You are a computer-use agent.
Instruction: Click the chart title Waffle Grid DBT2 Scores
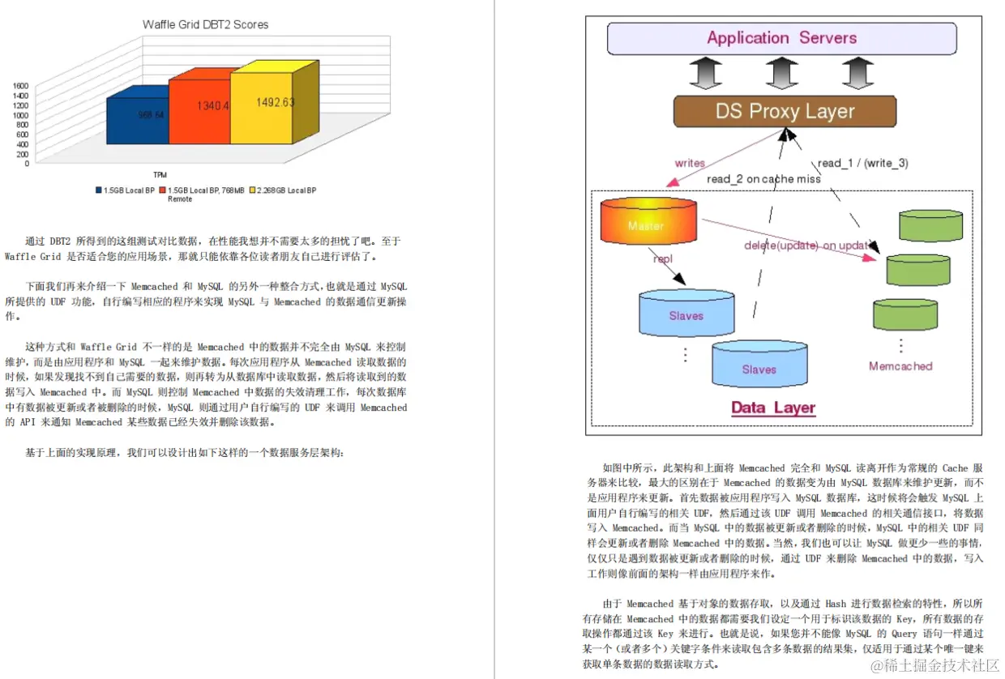pyautogui.click(x=205, y=24)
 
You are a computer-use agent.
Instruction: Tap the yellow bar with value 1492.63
pyautogui.click(x=262, y=105)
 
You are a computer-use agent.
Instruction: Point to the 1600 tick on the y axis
pyautogui.click(x=20, y=85)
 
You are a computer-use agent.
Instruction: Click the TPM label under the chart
pyautogui.click(x=160, y=175)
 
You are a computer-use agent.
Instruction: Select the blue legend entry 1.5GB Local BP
pyautogui.click(x=128, y=190)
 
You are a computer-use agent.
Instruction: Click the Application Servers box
pyautogui.click(x=782, y=38)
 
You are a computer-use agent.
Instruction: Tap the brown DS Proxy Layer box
pyautogui.click(x=785, y=112)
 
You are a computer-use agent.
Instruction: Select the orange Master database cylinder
pyautogui.click(x=648, y=220)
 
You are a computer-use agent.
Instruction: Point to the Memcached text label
pyautogui.click(x=900, y=366)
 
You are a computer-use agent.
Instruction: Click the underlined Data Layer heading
pyautogui.click(x=773, y=408)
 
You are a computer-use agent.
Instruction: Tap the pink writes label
pyautogui.click(x=690, y=163)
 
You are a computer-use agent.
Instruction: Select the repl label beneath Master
pyautogui.click(x=662, y=258)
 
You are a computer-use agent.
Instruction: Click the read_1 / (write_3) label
pyautogui.click(x=862, y=163)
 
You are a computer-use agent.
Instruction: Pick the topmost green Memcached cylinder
pyautogui.click(x=930, y=224)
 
